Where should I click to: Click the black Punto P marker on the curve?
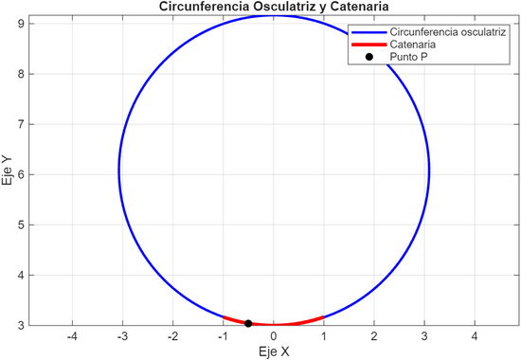248,324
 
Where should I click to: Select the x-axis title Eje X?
274,351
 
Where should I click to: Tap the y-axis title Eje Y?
9,171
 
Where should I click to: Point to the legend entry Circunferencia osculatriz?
446,31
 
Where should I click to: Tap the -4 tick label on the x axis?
72,336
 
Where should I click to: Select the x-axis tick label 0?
274,336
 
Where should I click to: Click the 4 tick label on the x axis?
476,336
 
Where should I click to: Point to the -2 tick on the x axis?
172,336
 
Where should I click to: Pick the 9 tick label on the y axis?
21,23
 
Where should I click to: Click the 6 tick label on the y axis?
21,174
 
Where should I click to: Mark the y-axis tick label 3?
21,325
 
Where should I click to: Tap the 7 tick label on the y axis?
21,124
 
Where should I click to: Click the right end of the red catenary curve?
324,316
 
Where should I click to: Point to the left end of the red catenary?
224,316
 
